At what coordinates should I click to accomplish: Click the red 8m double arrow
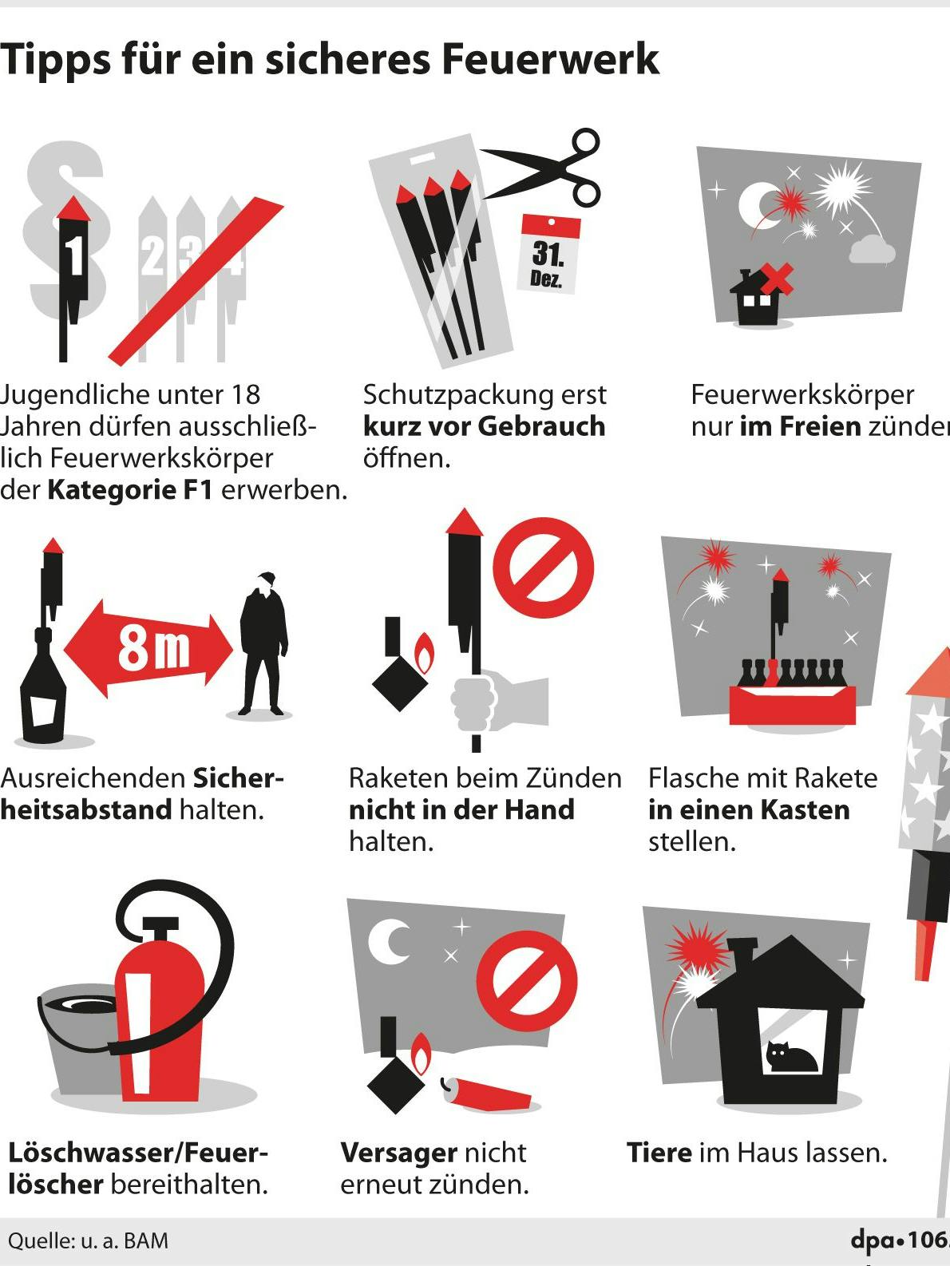[x=148, y=648]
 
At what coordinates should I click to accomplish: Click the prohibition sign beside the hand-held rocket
[x=543, y=568]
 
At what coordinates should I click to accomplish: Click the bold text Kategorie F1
[x=130, y=490]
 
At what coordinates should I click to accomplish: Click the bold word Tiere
[x=659, y=1153]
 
